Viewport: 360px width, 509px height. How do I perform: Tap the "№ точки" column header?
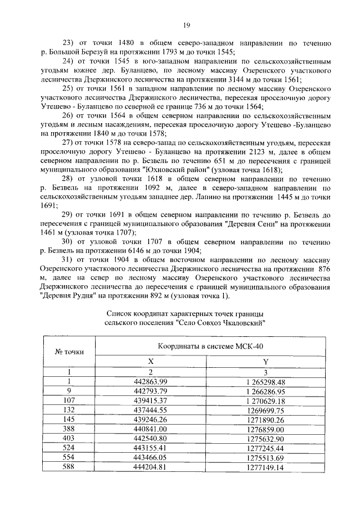pyautogui.click(x=69, y=352)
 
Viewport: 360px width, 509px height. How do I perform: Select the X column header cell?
pyautogui.click(x=150, y=362)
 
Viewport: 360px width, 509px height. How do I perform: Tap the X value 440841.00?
pyautogui.click(x=150, y=429)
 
